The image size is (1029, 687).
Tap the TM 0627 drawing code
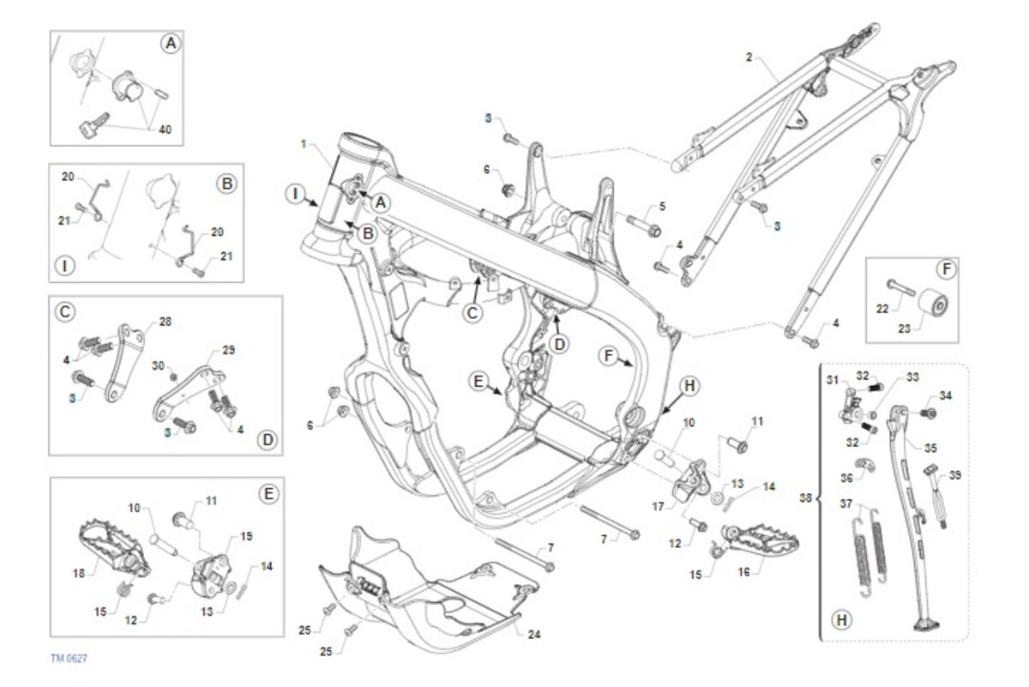(68, 658)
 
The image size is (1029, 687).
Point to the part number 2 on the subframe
(749, 57)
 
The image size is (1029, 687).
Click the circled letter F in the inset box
(946, 270)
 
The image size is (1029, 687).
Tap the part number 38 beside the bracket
(806, 496)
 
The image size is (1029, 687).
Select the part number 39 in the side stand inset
(955, 475)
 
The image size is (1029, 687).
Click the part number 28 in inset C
(165, 322)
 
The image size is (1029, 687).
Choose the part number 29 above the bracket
(228, 350)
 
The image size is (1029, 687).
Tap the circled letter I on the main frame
(294, 195)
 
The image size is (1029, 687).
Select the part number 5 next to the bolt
(661, 206)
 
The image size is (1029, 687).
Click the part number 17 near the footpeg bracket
(658, 506)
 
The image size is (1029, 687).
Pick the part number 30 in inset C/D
(157, 365)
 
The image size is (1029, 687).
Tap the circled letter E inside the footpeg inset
(268, 494)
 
